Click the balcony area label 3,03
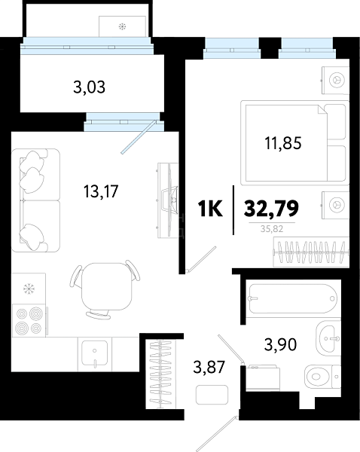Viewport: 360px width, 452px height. click(89, 87)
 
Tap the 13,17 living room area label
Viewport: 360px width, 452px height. click(101, 191)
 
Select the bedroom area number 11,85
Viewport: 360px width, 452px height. click(283, 143)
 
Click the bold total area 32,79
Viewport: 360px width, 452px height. click(271, 209)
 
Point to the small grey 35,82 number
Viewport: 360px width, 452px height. click(272, 229)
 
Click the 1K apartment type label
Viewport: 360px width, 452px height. click(210, 209)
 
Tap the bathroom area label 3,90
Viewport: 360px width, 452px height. click(280, 344)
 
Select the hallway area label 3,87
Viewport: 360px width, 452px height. click(209, 368)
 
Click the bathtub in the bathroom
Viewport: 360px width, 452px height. click(293, 298)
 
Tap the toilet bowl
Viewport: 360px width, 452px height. click(322, 376)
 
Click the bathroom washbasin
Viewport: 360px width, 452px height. click(328, 337)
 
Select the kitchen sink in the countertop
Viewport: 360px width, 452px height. click(95, 353)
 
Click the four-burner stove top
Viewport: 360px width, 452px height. click(29, 320)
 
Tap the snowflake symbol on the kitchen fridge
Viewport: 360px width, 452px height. click(29, 288)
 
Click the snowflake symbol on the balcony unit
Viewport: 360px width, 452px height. click(123, 27)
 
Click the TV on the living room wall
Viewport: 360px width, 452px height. click(169, 200)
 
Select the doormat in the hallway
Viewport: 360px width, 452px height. click(212, 395)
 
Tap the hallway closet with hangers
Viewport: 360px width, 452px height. click(160, 374)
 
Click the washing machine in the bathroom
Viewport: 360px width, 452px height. click(263, 378)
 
